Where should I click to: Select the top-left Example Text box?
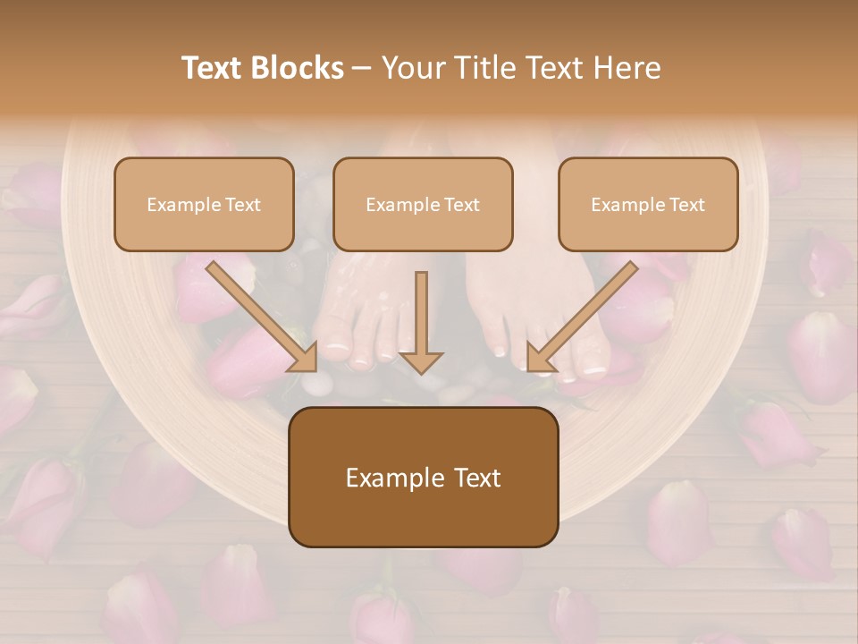click(x=204, y=204)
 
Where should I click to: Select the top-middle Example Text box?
click(x=423, y=204)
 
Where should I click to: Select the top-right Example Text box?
click(x=648, y=204)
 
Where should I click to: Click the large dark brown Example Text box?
click(x=423, y=477)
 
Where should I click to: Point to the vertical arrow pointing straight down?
click(x=421, y=322)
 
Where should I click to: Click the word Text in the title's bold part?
click(x=212, y=68)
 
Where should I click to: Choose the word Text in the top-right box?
click(x=686, y=205)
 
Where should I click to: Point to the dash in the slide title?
click(x=362, y=68)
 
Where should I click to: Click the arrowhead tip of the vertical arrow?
click(x=421, y=371)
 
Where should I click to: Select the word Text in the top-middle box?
click(x=461, y=205)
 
